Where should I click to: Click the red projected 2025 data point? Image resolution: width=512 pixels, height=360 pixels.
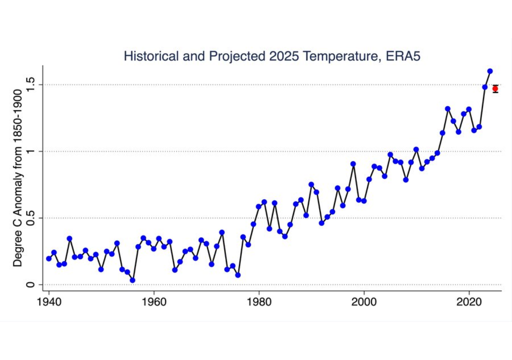click(x=495, y=89)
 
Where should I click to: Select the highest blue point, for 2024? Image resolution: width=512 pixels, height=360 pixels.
click(x=490, y=71)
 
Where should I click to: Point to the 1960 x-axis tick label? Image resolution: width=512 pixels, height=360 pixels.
click(x=153, y=302)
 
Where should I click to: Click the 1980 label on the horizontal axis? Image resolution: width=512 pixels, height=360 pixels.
click(x=259, y=302)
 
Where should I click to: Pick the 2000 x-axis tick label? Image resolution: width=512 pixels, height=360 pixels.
click(x=364, y=302)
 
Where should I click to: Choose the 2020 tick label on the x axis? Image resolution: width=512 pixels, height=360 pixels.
click(x=469, y=302)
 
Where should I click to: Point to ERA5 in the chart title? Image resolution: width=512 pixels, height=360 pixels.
click(x=402, y=55)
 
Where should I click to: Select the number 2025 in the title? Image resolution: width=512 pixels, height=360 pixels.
click(x=282, y=55)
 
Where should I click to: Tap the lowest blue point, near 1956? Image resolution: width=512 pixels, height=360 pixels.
click(x=132, y=280)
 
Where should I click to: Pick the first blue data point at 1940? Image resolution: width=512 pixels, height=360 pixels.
click(x=48, y=258)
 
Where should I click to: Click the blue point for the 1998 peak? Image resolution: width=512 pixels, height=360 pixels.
click(x=353, y=163)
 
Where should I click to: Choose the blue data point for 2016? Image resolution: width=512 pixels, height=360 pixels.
click(x=447, y=108)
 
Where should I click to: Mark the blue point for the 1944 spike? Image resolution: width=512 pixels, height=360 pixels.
click(x=69, y=238)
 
